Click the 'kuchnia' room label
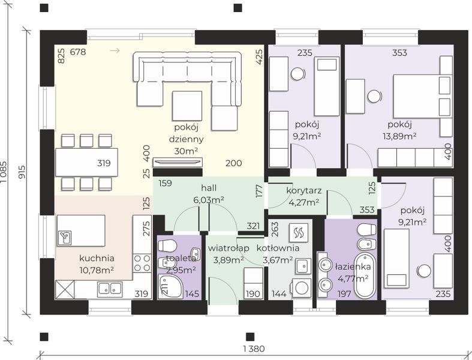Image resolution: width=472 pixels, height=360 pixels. [97, 258]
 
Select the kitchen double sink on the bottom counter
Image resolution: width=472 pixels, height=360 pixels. [110, 289]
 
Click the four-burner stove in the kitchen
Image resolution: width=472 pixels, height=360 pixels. [142, 263]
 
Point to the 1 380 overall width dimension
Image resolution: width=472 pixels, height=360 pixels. [254, 349]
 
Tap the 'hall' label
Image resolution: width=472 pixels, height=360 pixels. [209, 188]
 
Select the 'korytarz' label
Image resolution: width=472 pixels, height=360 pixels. [303, 191]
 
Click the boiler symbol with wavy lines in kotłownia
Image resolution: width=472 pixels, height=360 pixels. [298, 232]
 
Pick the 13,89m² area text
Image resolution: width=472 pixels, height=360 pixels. [399, 136]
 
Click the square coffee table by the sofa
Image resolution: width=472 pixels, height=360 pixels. [187, 106]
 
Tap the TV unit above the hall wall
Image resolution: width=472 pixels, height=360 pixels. [178, 162]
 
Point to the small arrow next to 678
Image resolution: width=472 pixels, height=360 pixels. [115, 50]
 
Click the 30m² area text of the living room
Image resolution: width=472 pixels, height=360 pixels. [186, 151]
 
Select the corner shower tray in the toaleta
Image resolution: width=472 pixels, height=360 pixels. [170, 286]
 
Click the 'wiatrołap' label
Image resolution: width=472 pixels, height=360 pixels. [229, 248]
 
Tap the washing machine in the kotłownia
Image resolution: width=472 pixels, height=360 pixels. [301, 287]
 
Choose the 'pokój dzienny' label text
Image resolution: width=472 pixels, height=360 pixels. [186, 133]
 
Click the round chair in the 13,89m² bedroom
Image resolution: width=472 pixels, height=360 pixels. [374, 97]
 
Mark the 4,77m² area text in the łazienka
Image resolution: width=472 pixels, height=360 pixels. [353, 278]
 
